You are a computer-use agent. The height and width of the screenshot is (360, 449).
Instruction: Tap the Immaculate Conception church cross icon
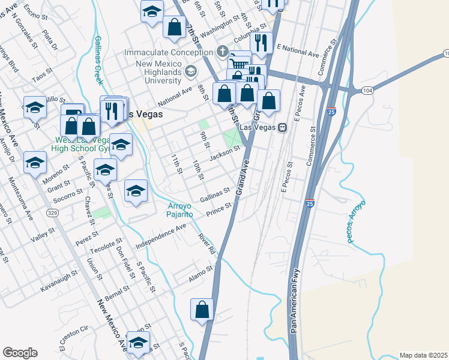(223, 52)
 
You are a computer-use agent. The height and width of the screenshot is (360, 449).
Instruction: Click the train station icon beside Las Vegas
(281, 127)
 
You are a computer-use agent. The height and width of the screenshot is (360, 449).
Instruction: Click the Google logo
(20, 352)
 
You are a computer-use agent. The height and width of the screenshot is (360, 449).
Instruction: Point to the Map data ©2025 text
(423, 355)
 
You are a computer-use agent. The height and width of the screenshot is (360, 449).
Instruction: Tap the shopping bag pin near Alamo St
(202, 310)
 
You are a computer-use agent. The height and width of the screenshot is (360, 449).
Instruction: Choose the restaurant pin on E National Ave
(261, 43)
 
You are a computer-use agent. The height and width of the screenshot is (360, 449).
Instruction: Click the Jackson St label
(224, 152)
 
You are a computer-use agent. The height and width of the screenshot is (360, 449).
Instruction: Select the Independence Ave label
(161, 236)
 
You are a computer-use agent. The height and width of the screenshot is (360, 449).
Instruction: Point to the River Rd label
(208, 243)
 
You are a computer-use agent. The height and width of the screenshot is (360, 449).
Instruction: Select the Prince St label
(219, 210)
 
